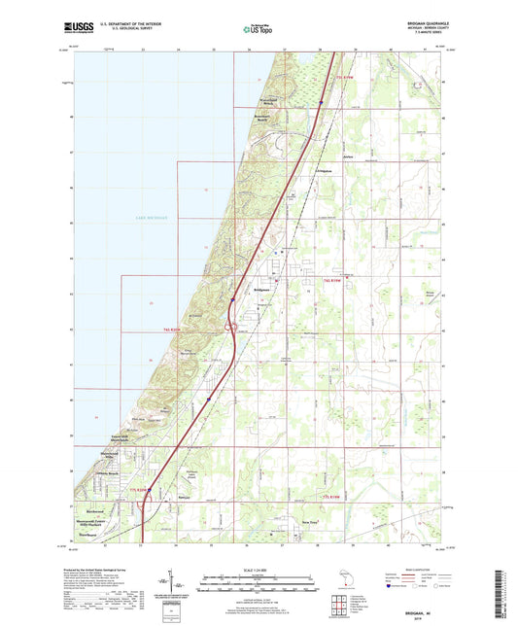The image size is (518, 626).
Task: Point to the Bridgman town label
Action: [x=267, y=290]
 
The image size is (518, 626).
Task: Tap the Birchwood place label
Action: [x=100, y=507]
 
